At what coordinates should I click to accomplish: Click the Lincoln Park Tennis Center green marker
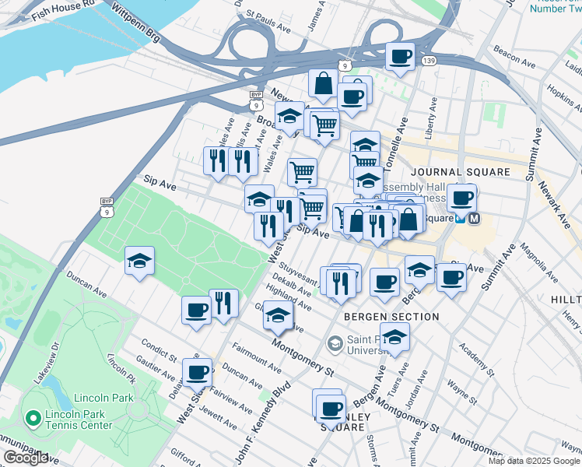(33, 419)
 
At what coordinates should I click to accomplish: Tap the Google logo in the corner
(26, 458)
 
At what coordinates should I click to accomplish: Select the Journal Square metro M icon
(474, 219)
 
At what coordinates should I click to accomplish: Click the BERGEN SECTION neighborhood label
(380, 317)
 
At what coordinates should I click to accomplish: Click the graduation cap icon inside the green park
(139, 261)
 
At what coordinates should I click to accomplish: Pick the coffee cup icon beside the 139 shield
(400, 57)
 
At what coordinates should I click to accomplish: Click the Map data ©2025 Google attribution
(534, 461)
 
